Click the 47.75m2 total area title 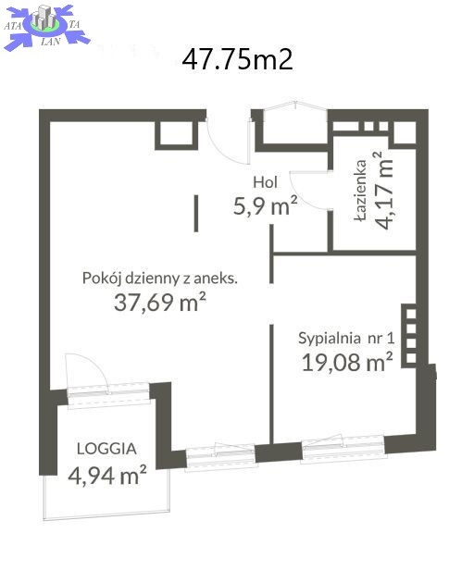pyautogui.click(x=238, y=59)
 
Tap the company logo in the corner pyautogui.click(x=45, y=27)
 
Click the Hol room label pyautogui.click(x=265, y=182)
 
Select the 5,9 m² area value pyautogui.click(x=266, y=205)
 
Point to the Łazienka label pyautogui.click(x=361, y=190)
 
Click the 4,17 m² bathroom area pyautogui.click(x=383, y=190)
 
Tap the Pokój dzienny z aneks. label pyautogui.click(x=160, y=279)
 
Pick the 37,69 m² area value pyautogui.click(x=160, y=302)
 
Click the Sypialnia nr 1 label pyautogui.click(x=346, y=338)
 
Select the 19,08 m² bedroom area pyautogui.click(x=347, y=362)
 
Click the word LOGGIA pyautogui.click(x=106, y=449)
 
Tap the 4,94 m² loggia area pyautogui.click(x=107, y=475)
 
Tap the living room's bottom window pyautogui.click(x=220, y=457)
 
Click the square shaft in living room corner pyautogui.click(x=177, y=134)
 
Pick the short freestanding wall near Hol pyautogui.click(x=196, y=214)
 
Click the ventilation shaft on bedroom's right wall pyautogui.click(x=409, y=336)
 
